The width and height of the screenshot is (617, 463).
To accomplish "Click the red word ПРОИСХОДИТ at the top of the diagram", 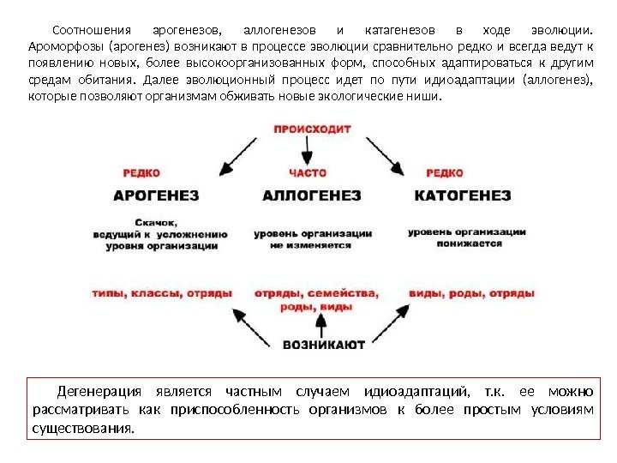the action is pos(312,129).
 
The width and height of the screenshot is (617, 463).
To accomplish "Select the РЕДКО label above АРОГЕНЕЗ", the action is pos(141,172).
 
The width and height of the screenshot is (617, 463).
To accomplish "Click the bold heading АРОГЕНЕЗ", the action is pos(157,195).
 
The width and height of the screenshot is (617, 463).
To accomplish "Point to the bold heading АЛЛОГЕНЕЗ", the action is pos(312,195).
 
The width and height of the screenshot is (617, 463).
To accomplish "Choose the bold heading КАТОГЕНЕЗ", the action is pos(463,195).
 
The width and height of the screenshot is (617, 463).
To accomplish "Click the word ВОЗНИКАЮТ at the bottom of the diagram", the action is pos(324,345).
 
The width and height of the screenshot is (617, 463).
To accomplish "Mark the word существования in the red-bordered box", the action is pos(82,428).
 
